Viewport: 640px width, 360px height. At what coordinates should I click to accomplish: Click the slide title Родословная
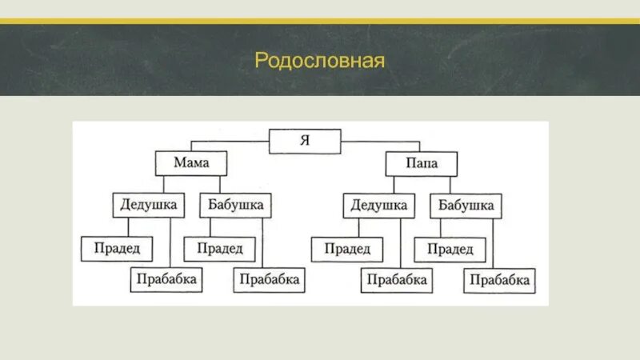(320, 62)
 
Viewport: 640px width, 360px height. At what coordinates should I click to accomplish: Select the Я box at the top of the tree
(304, 141)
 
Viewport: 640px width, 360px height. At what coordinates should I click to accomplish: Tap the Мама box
(192, 163)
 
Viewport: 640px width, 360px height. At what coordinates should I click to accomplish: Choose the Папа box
(422, 165)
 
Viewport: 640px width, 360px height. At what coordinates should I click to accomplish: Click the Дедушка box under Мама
(148, 205)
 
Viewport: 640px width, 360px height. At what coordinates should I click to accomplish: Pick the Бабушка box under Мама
(236, 205)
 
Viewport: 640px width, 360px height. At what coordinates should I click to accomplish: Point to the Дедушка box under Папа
(379, 206)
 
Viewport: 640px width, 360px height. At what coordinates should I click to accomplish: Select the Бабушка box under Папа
(466, 206)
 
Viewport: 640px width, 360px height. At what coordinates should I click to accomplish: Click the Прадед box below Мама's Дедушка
(115, 249)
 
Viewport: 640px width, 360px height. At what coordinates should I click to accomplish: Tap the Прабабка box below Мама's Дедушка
(166, 279)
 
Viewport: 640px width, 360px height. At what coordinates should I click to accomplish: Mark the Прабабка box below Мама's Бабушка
(270, 279)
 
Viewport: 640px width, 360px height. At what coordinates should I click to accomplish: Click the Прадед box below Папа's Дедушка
(347, 249)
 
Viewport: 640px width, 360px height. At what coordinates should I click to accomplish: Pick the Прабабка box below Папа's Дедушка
(398, 280)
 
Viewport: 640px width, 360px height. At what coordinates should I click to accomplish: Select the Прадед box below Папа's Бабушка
(450, 249)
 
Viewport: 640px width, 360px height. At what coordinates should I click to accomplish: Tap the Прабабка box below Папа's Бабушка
(500, 280)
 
